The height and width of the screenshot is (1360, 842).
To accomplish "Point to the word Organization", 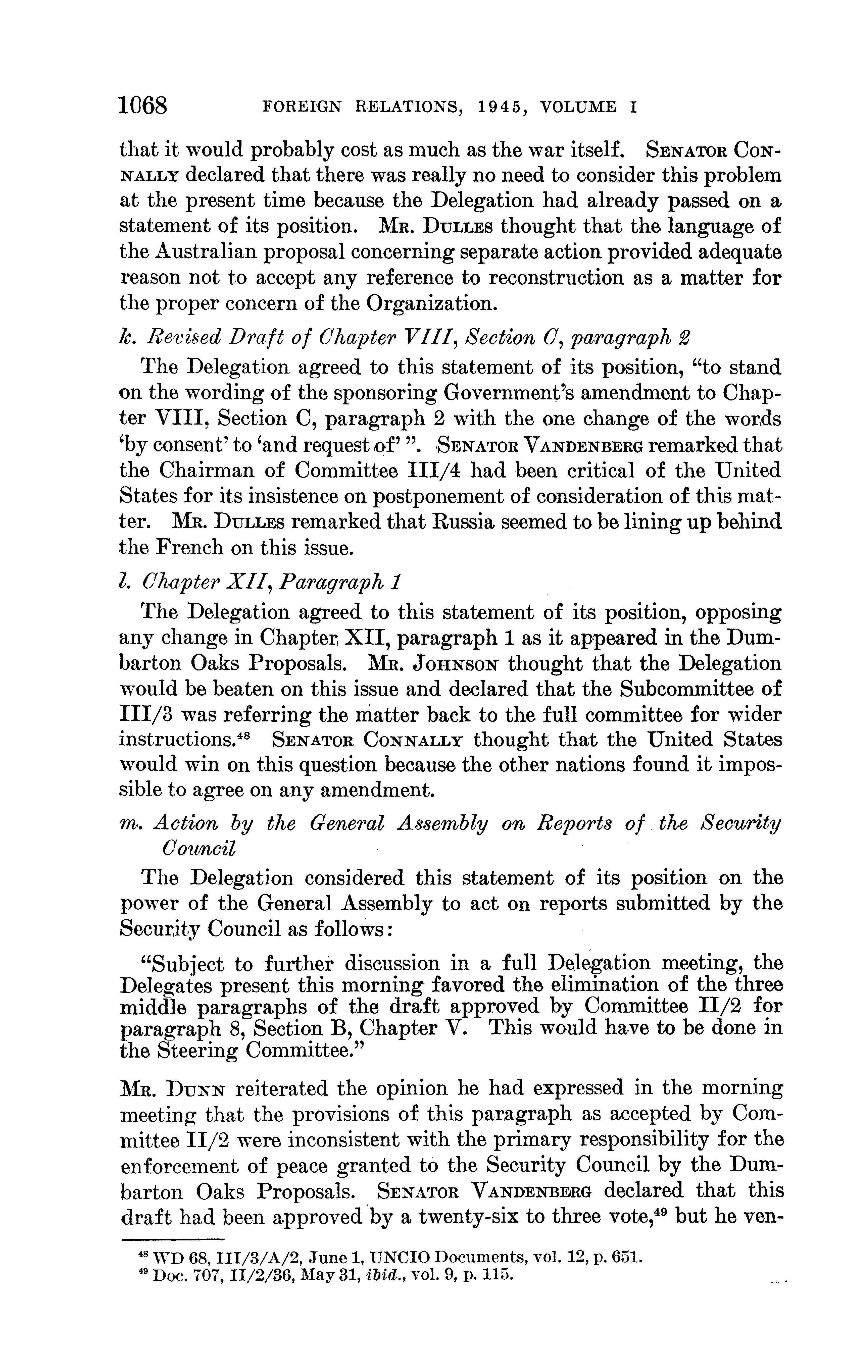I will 429,303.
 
